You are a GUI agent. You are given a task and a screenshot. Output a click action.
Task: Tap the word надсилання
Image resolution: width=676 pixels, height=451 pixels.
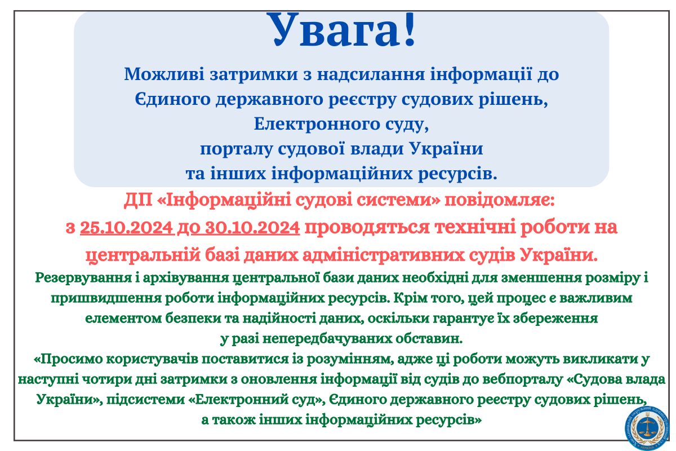click(x=371, y=74)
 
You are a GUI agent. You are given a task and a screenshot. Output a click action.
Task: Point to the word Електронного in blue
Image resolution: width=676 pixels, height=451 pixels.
click(x=317, y=124)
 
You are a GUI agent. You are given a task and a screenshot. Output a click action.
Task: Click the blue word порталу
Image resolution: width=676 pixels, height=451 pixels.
click(x=236, y=149)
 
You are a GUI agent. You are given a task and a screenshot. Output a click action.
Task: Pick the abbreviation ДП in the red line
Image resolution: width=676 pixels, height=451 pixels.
click(x=138, y=200)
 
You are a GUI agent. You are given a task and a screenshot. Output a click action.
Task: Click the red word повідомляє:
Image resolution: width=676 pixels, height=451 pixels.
click(x=500, y=200)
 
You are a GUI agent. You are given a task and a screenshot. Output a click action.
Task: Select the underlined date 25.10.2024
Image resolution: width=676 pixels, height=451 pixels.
click(x=126, y=227)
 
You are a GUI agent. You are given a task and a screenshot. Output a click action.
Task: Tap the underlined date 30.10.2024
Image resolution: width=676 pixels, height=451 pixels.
click(x=252, y=227)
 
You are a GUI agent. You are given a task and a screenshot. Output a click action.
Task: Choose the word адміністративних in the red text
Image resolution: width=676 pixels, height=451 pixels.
click(x=384, y=255)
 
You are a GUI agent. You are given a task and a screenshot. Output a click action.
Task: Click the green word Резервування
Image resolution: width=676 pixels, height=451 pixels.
click(x=83, y=277)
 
